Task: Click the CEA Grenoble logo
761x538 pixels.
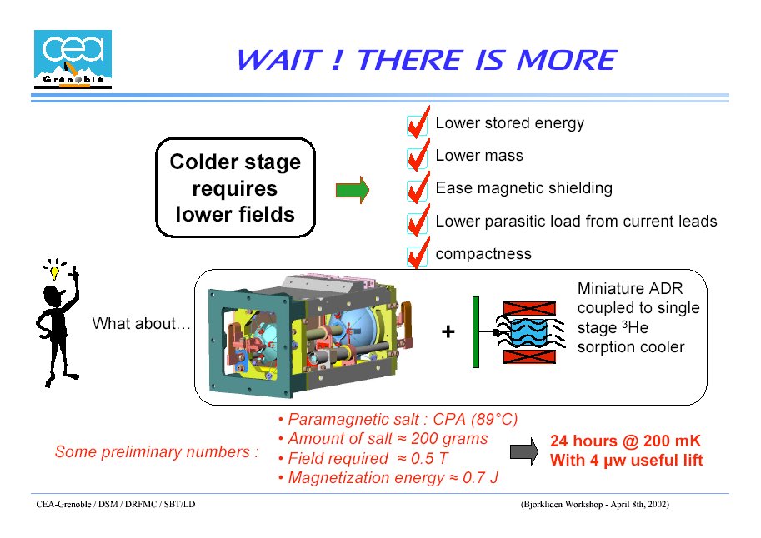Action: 73,59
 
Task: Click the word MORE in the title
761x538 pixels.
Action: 566,60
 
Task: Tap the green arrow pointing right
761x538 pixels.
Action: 353,190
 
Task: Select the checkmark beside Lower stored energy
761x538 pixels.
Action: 418,122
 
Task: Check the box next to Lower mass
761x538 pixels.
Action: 417,157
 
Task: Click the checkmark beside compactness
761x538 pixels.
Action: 418,252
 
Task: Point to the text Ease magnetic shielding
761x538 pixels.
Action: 523,187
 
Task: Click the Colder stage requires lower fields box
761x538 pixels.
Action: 235,187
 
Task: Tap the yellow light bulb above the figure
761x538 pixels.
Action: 54,272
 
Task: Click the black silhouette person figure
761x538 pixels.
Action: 58,325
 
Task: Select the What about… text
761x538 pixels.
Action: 141,323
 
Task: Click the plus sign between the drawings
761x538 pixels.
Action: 448,331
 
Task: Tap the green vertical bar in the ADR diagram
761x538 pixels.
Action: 476,331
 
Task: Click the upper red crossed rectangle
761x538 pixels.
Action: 529,308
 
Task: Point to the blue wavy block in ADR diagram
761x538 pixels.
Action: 529,332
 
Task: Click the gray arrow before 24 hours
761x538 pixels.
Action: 524,451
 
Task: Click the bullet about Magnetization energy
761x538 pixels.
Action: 388,478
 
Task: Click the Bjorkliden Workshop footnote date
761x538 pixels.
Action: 638,504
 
